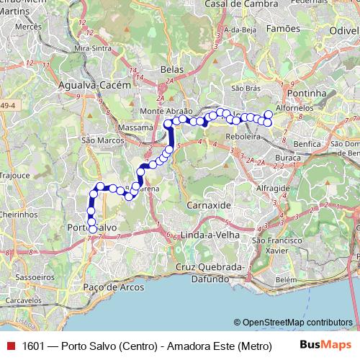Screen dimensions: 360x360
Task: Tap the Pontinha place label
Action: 306,94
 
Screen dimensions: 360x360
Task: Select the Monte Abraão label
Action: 166,112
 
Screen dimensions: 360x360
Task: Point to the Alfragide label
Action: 274,187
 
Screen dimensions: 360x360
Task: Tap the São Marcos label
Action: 99,140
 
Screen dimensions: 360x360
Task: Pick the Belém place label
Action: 286,279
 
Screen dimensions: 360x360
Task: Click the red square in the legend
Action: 10,346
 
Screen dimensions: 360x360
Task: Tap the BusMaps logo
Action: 324,346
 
